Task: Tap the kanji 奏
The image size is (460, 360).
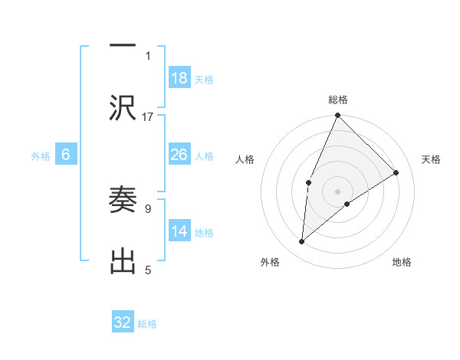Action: pyautogui.click(x=123, y=200)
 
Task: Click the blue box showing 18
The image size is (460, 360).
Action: pyautogui.click(x=179, y=77)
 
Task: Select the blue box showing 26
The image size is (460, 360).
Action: pyautogui.click(x=179, y=154)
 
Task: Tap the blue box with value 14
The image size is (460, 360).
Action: pyautogui.click(x=179, y=231)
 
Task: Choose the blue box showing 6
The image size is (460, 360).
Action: pyautogui.click(x=66, y=154)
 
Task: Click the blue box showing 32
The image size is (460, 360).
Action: pyautogui.click(x=123, y=322)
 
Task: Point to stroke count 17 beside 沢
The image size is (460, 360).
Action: pyautogui.click(x=148, y=116)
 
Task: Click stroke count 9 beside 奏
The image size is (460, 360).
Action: pyautogui.click(x=148, y=208)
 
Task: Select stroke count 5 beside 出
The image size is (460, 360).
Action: pyautogui.click(x=148, y=270)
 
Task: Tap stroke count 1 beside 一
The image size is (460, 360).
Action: pyautogui.click(x=148, y=55)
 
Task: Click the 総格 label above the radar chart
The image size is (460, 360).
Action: pyautogui.click(x=338, y=100)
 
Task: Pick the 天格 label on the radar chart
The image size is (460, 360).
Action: pyautogui.click(x=431, y=159)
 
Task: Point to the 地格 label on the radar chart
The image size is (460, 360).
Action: pyautogui.click(x=402, y=262)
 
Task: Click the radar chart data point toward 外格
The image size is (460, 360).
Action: pyautogui.click(x=302, y=242)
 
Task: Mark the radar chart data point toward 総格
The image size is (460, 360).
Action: pyautogui.click(x=338, y=116)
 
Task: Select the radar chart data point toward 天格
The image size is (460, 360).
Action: pyautogui.click(x=396, y=172)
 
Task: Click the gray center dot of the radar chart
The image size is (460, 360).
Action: pyautogui.click(x=338, y=191)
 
